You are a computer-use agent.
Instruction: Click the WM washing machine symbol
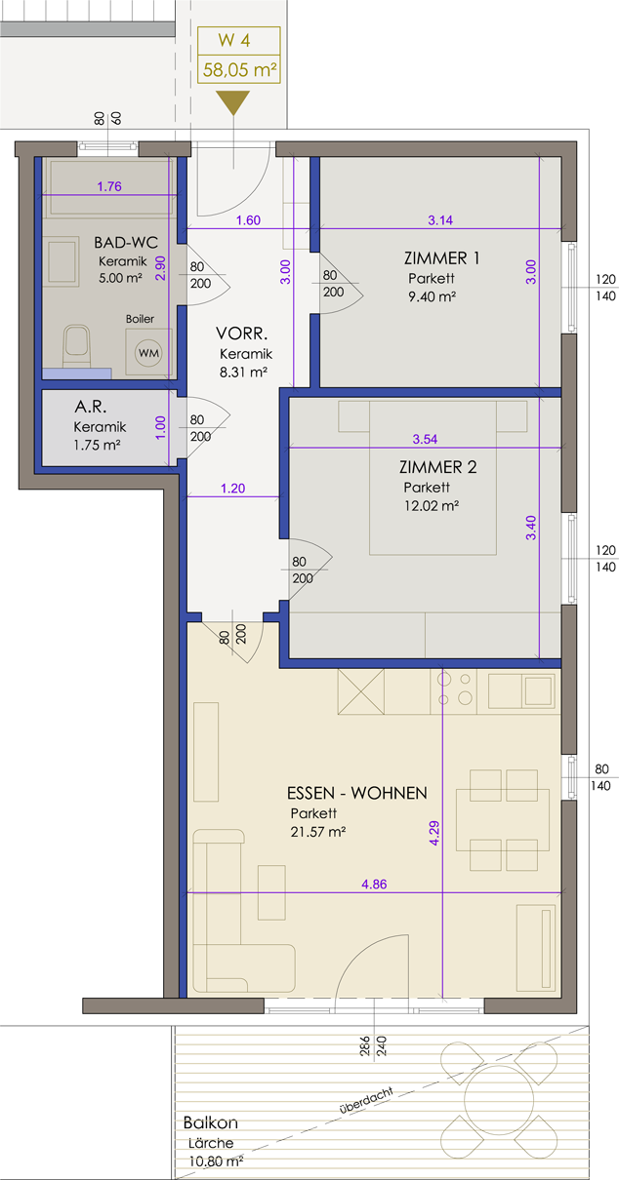(x=148, y=352)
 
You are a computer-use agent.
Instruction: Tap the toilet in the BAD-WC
(x=76, y=345)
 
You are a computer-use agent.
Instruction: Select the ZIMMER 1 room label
(x=442, y=258)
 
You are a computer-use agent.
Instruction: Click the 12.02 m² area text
(x=432, y=506)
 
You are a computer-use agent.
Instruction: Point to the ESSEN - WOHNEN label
(x=357, y=793)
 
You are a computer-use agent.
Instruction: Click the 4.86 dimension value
(x=374, y=884)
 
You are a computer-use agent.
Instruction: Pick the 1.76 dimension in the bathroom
(x=109, y=186)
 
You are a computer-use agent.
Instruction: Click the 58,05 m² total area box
(x=239, y=69)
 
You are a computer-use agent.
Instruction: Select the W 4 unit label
(x=234, y=41)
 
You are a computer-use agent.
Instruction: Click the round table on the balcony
(x=499, y=1099)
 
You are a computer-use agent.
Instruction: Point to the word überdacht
(x=366, y=1100)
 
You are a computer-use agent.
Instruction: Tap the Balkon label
(x=210, y=1122)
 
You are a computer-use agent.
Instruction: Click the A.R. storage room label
(x=90, y=406)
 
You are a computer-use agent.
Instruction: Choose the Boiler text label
(x=140, y=319)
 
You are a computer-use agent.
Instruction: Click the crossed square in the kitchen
(x=360, y=691)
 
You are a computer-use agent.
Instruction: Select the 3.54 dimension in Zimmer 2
(x=425, y=439)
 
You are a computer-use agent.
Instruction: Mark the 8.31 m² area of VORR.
(x=243, y=372)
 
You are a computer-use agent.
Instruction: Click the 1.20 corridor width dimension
(x=232, y=489)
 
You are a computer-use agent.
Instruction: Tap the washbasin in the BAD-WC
(x=62, y=261)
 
